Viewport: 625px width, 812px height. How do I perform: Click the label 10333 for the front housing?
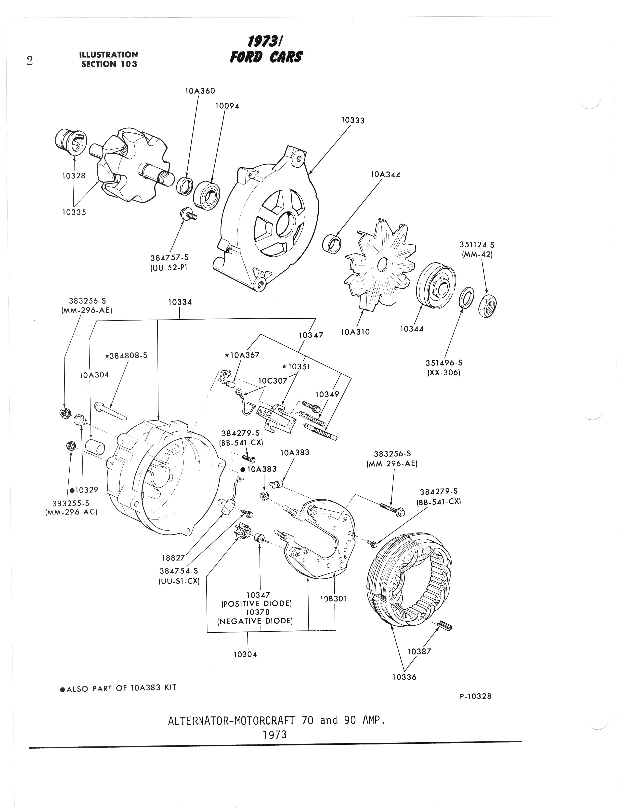point(353,120)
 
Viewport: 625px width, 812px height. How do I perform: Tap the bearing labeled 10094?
point(207,193)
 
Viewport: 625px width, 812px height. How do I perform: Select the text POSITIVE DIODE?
point(257,603)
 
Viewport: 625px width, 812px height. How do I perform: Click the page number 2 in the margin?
point(30,61)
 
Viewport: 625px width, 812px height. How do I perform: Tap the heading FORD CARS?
point(266,57)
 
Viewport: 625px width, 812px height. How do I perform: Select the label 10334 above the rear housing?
point(180,302)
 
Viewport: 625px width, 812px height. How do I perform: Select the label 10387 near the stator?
point(419,651)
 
